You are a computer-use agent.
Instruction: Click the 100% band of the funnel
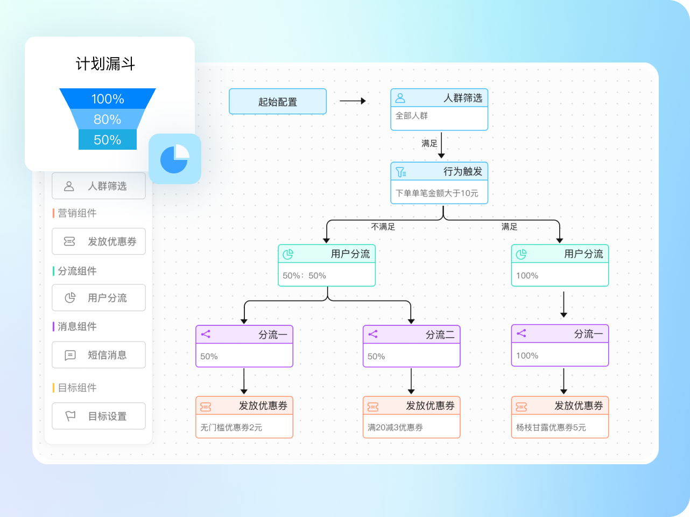(108, 99)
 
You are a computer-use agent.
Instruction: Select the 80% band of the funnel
(108, 119)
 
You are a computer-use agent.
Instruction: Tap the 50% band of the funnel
(108, 139)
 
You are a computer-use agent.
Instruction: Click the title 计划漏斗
(105, 64)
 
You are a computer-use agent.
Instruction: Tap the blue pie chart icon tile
(175, 159)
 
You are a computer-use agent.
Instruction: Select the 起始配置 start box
(278, 101)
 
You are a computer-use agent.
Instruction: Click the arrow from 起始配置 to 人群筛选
(353, 101)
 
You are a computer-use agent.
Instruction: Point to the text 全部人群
(412, 116)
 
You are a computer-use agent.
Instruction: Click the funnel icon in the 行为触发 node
(401, 172)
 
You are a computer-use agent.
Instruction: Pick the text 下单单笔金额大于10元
(436, 193)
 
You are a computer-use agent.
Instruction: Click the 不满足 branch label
(383, 227)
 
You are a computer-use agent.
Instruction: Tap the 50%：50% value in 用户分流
(304, 276)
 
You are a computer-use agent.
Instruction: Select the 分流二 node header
(412, 334)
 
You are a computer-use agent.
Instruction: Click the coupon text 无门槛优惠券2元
(231, 428)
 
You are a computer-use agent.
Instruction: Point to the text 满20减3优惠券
(395, 428)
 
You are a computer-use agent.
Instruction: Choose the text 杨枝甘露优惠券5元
(551, 428)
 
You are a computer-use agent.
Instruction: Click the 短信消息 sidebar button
(98, 355)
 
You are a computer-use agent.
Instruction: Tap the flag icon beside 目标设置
(70, 416)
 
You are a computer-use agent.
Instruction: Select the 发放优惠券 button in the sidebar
(98, 241)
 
